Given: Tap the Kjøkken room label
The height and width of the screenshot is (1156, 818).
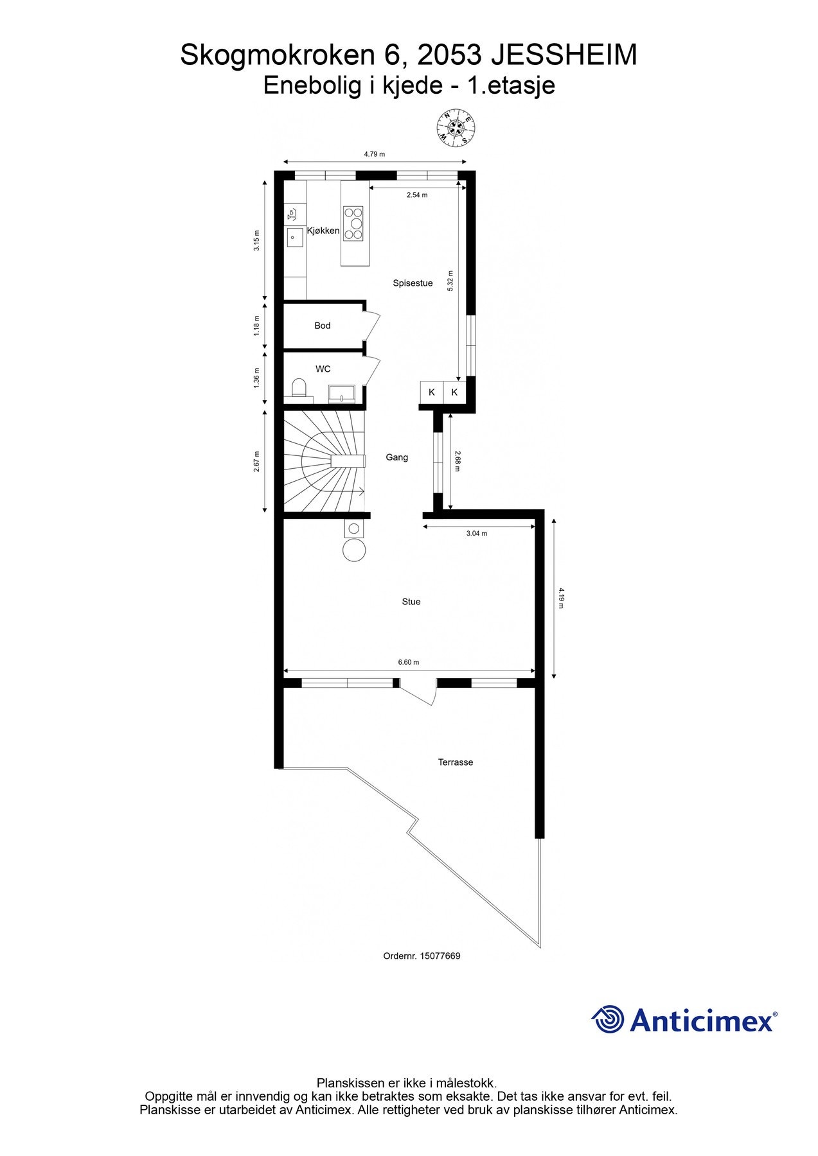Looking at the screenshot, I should (x=323, y=231).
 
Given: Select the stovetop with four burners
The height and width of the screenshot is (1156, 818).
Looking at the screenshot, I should (x=353, y=223).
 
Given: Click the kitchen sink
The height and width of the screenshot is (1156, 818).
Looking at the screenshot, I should (x=294, y=237).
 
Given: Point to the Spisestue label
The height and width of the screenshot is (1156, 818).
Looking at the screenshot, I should (x=413, y=283).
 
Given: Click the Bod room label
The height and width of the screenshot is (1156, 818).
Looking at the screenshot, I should (x=322, y=326).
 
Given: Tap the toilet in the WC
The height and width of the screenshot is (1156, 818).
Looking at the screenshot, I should (x=298, y=388).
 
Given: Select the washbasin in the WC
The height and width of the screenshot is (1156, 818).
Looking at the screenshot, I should (x=341, y=393).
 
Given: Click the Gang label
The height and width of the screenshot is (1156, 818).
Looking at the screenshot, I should (x=396, y=457).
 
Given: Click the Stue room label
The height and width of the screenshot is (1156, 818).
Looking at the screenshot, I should (x=411, y=602).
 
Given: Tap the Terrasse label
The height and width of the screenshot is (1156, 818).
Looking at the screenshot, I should (x=455, y=762).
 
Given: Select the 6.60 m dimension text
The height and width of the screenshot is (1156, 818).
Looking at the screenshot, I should (x=408, y=662).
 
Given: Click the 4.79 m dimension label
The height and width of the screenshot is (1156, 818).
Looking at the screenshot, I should (x=374, y=154).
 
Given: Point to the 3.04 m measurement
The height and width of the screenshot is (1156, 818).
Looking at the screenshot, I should (x=476, y=533).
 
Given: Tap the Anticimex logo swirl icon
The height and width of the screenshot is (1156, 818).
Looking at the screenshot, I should (x=608, y=1019).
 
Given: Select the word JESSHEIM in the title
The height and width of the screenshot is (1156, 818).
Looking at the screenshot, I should (x=564, y=55).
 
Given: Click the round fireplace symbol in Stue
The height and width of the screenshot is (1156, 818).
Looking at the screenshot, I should (x=354, y=550).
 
